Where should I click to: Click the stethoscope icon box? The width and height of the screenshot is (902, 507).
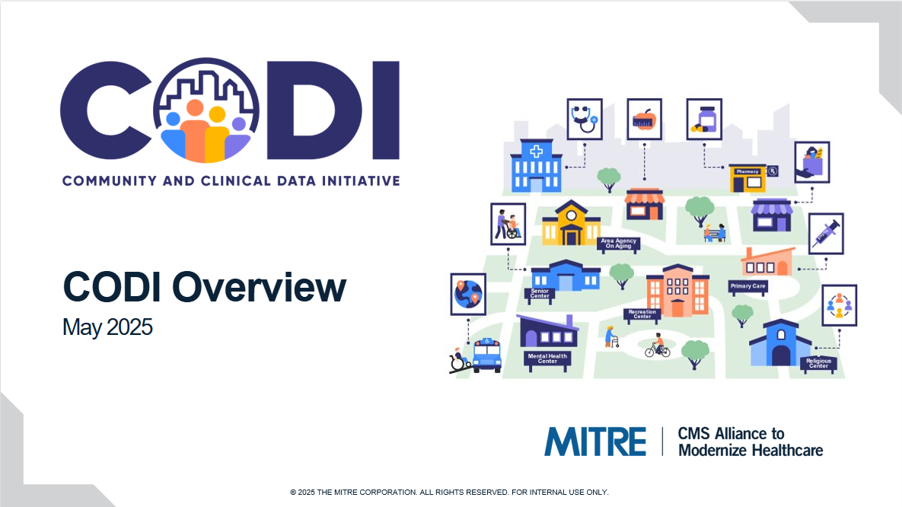(585, 119)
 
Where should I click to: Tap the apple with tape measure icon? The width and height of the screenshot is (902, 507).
(644, 120)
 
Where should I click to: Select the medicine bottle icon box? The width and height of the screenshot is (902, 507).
(704, 119)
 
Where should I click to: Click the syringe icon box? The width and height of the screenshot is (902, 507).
(826, 234)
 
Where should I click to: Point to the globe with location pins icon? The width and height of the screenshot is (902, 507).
(467, 294)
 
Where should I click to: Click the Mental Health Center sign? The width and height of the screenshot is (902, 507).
(547, 359)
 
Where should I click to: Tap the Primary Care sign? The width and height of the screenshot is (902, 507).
(747, 286)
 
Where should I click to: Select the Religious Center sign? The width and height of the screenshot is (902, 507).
(818, 363)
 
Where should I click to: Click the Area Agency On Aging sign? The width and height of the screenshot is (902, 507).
(618, 244)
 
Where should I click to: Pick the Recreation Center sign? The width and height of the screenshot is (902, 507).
(642, 314)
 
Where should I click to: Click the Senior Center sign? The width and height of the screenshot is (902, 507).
(540, 294)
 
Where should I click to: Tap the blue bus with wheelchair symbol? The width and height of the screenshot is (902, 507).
(486, 355)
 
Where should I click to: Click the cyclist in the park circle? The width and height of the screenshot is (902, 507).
(658, 346)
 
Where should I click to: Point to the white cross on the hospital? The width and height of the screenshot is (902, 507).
(536, 152)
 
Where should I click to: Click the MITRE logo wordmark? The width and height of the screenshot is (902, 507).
(595, 442)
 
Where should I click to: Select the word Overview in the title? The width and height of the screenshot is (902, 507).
(259, 286)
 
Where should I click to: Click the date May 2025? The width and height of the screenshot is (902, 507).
(107, 327)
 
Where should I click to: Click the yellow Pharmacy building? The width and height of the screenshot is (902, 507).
(747, 179)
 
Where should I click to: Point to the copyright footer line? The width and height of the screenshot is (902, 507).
(449, 492)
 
